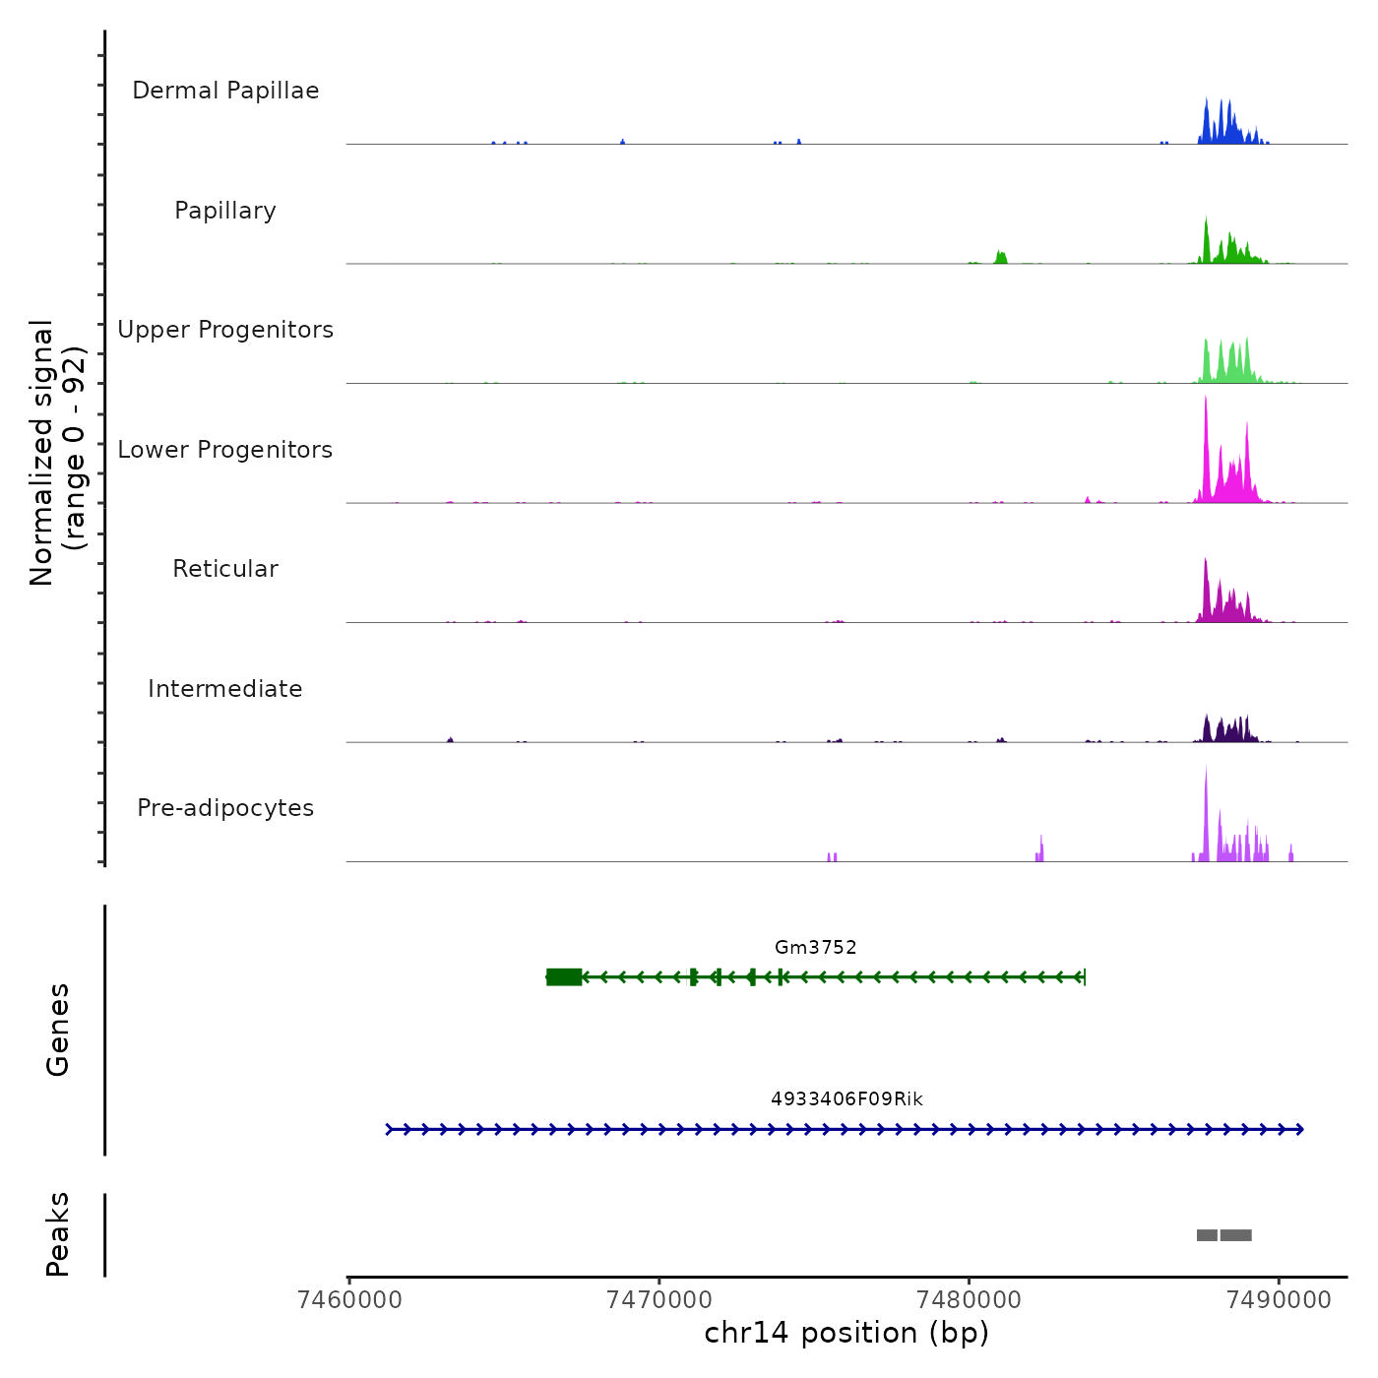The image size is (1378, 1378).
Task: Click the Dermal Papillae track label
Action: click(x=225, y=91)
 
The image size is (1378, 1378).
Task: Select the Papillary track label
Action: click(x=225, y=211)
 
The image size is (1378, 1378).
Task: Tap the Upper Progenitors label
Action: click(x=225, y=330)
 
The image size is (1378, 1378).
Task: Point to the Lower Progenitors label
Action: click(x=225, y=450)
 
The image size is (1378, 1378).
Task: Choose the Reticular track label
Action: click(x=225, y=569)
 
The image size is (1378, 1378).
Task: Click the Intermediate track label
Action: click(x=225, y=689)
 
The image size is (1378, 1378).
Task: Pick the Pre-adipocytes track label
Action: click(x=225, y=808)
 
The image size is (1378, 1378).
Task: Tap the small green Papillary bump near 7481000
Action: click(x=1001, y=258)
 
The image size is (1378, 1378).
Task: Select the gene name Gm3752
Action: click(x=815, y=948)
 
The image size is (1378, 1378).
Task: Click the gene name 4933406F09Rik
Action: click(x=846, y=1099)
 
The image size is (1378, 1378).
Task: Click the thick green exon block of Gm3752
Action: click(x=564, y=976)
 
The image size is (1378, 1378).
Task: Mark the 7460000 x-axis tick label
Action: click(x=349, y=1300)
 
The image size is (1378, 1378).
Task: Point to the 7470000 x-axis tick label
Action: click(x=659, y=1300)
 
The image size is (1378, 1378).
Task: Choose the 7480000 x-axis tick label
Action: click(x=969, y=1300)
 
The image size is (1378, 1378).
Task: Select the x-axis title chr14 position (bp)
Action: click(x=846, y=1334)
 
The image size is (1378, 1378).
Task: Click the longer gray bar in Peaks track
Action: click(x=1236, y=1235)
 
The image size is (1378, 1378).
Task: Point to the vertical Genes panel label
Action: click(x=58, y=1030)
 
